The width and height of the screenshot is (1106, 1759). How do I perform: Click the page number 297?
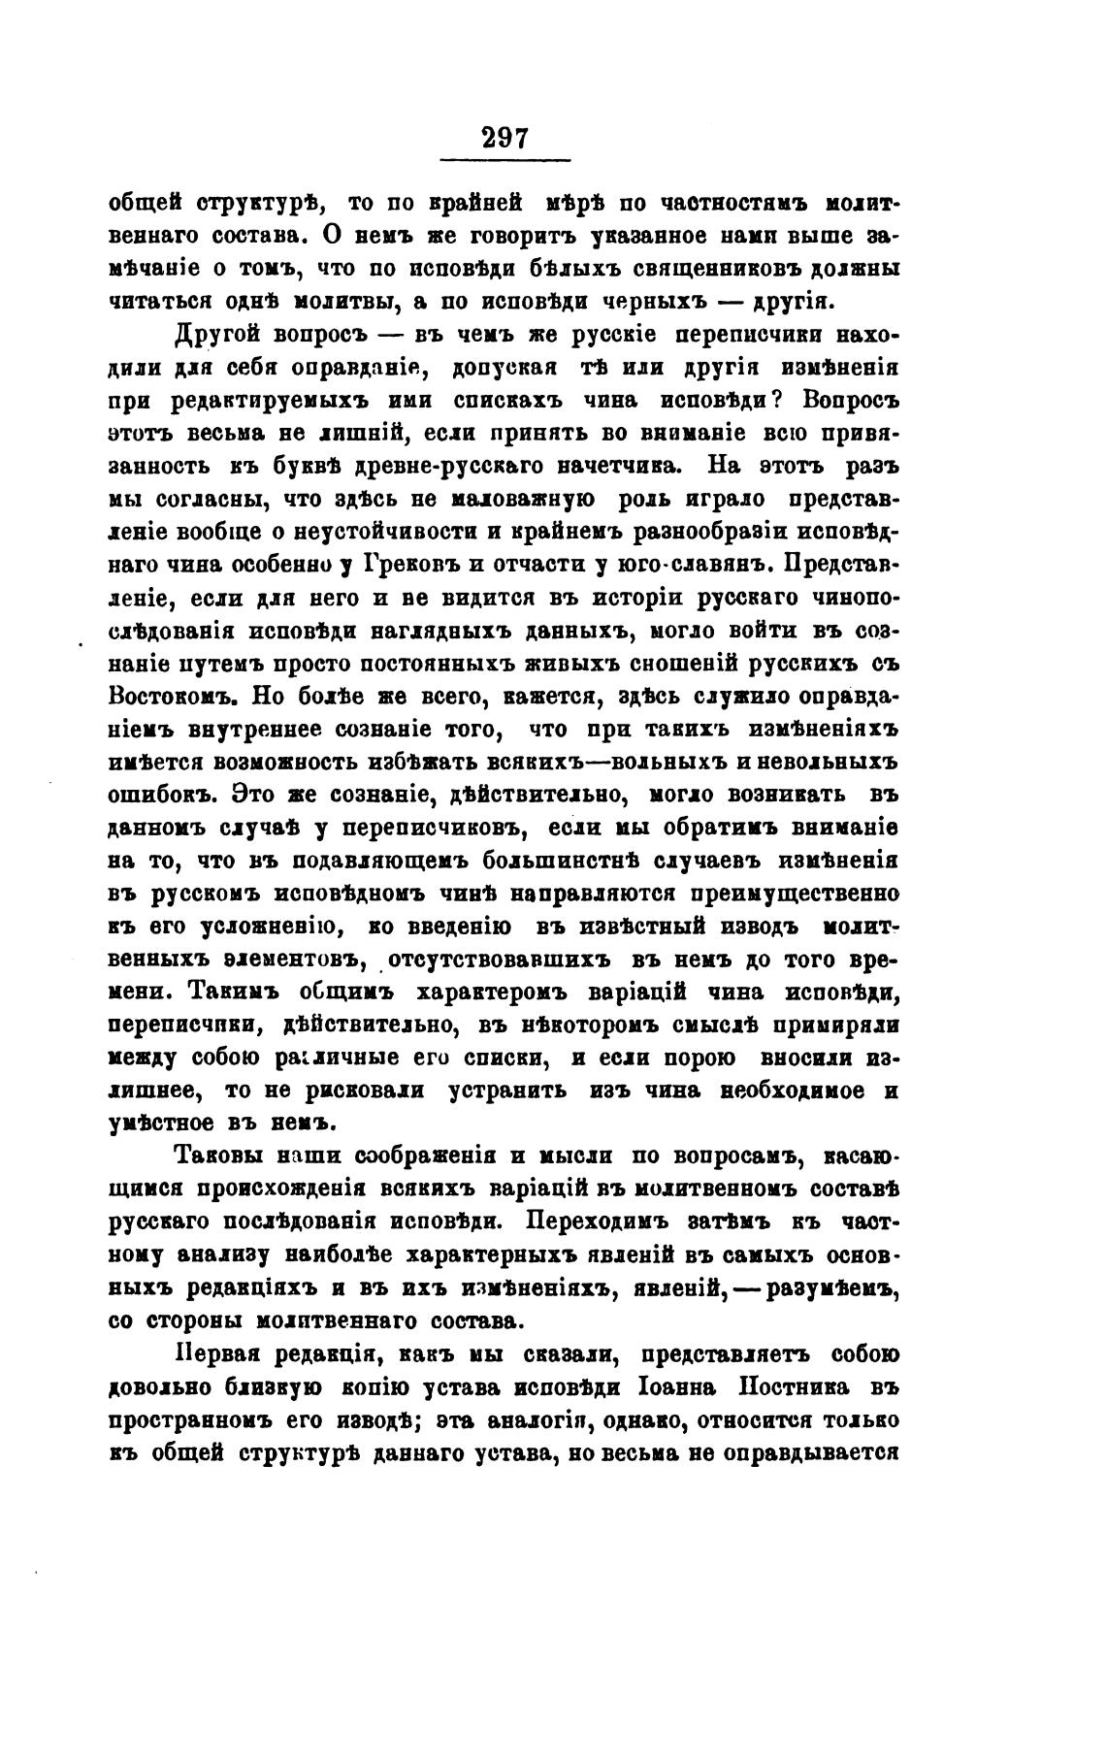point(504,138)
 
